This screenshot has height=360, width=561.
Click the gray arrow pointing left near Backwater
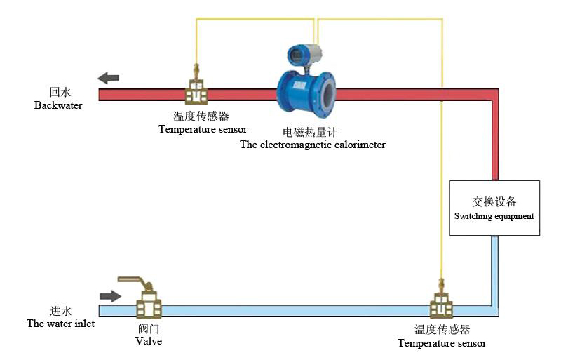108,78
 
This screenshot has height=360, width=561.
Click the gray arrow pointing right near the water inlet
110,296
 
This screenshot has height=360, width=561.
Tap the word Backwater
58,105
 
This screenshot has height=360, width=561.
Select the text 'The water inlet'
60,324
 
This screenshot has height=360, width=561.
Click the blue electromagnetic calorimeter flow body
306,93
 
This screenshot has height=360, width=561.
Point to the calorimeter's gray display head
304,53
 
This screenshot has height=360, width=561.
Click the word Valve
149,341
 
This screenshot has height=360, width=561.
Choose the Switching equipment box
494,208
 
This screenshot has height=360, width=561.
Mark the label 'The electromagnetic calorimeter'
313,145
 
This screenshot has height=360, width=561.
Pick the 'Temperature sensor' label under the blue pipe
442,343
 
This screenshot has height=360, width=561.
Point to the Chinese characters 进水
61,311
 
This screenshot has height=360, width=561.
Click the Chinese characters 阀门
149,328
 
